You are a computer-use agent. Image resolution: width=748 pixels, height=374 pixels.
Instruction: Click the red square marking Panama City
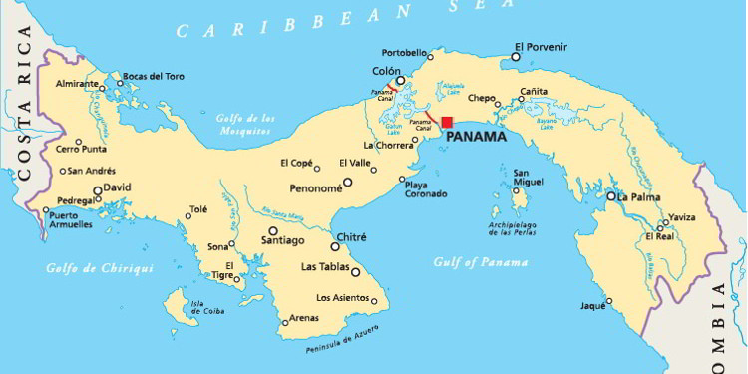coord(447,123)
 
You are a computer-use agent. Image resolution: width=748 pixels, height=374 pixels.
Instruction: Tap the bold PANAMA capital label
coord(475,138)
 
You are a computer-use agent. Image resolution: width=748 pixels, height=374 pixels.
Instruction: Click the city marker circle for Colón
coord(400,82)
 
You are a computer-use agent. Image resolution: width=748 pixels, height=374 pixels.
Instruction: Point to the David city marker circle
coord(98,189)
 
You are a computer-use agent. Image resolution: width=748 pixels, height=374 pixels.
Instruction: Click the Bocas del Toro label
coord(154,76)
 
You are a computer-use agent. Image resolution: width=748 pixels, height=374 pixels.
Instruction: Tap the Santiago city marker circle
coord(273,230)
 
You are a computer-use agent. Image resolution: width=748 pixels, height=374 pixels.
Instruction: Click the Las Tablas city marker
coord(355,271)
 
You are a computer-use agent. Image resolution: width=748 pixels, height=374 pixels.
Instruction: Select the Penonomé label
coord(311,187)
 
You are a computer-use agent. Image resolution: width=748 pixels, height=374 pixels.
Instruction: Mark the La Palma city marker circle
coord(611,196)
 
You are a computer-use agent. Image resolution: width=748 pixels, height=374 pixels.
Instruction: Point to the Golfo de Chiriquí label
coord(87,268)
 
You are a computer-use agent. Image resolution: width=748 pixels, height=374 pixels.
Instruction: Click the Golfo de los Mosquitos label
coord(244,123)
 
